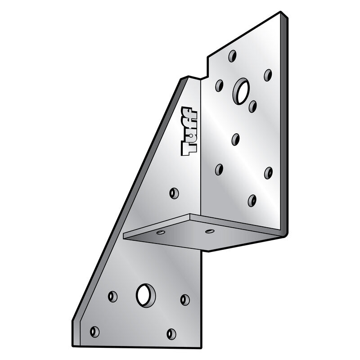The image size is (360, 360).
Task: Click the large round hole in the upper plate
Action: (x=241, y=91)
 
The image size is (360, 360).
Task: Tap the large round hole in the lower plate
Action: (x=145, y=295)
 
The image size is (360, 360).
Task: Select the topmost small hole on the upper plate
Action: (x=232, y=56)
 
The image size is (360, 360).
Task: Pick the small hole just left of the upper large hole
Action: (x=219, y=85)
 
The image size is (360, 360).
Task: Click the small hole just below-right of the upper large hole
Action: (x=252, y=107)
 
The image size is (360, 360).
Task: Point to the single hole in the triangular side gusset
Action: (x=174, y=193)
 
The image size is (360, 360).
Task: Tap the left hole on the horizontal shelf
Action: (x=160, y=233)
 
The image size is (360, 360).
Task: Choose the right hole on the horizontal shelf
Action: (x=209, y=231)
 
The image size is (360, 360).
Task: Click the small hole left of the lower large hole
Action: (x=112, y=297)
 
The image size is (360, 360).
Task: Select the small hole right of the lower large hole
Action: (x=185, y=300)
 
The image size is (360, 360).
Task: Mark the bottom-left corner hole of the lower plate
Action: (x=94, y=332)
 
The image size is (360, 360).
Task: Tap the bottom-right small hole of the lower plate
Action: (x=171, y=334)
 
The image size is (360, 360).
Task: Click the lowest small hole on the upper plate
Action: (x=252, y=200)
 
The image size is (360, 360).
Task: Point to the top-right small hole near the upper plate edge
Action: (x=268, y=75)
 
